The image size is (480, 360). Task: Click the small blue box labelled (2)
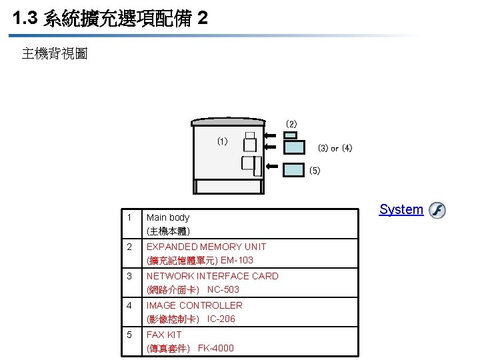[x=291, y=135]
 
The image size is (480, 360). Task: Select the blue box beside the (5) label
[x=293, y=169]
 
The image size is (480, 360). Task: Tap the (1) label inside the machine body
[x=223, y=141]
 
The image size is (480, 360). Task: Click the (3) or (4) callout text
[x=335, y=148]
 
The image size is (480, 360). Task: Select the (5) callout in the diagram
[x=315, y=171]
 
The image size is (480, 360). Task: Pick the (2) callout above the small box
[x=291, y=124]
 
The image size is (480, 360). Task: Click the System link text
[x=401, y=209]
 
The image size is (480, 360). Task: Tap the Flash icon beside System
[x=437, y=211]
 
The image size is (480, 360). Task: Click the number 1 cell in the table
[x=129, y=217]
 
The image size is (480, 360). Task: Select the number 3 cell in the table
[x=129, y=276]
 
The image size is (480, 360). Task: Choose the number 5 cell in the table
[x=129, y=335]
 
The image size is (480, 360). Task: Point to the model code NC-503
[x=223, y=289]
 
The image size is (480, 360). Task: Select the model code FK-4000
[x=216, y=348]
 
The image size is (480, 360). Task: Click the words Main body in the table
[x=168, y=217]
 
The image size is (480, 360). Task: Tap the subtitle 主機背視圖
[x=55, y=53]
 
